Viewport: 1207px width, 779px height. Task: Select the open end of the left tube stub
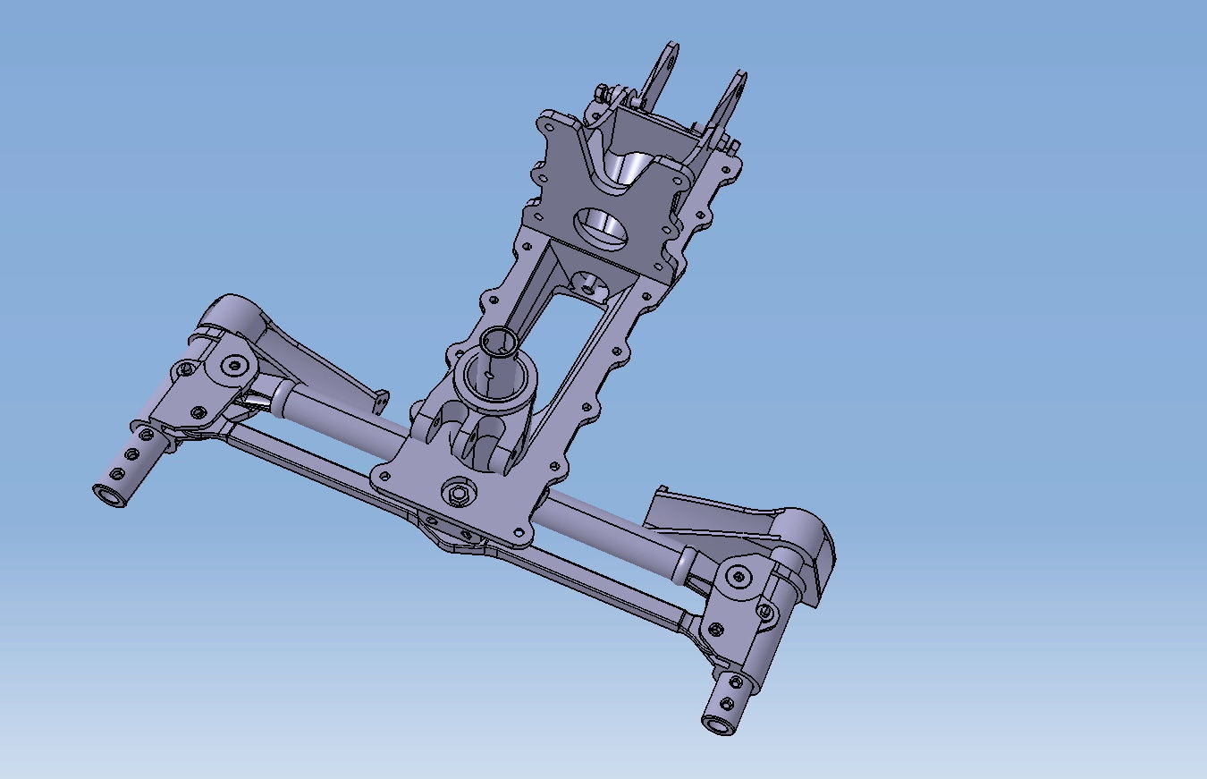[x=112, y=495]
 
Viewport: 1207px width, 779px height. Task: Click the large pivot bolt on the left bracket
[x=235, y=364]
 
